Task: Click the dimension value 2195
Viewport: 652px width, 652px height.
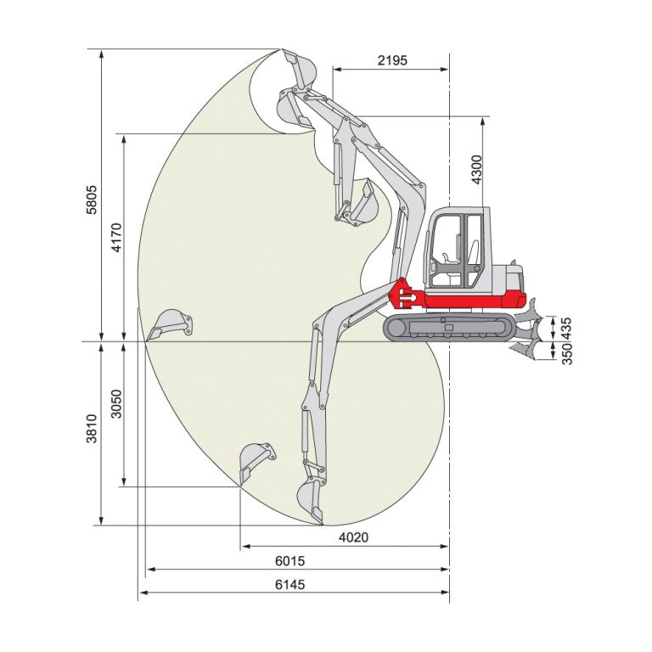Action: click(x=392, y=61)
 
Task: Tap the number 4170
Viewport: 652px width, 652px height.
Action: click(x=117, y=238)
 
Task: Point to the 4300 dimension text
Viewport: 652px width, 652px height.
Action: click(x=476, y=170)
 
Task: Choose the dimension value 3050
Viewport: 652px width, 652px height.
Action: click(x=117, y=404)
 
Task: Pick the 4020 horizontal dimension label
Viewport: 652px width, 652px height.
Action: click(x=353, y=537)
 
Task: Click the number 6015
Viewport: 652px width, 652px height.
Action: click(x=289, y=561)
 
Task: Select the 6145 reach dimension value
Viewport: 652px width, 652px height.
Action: click(x=289, y=585)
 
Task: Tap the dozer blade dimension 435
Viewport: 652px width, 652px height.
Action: click(x=566, y=328)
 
